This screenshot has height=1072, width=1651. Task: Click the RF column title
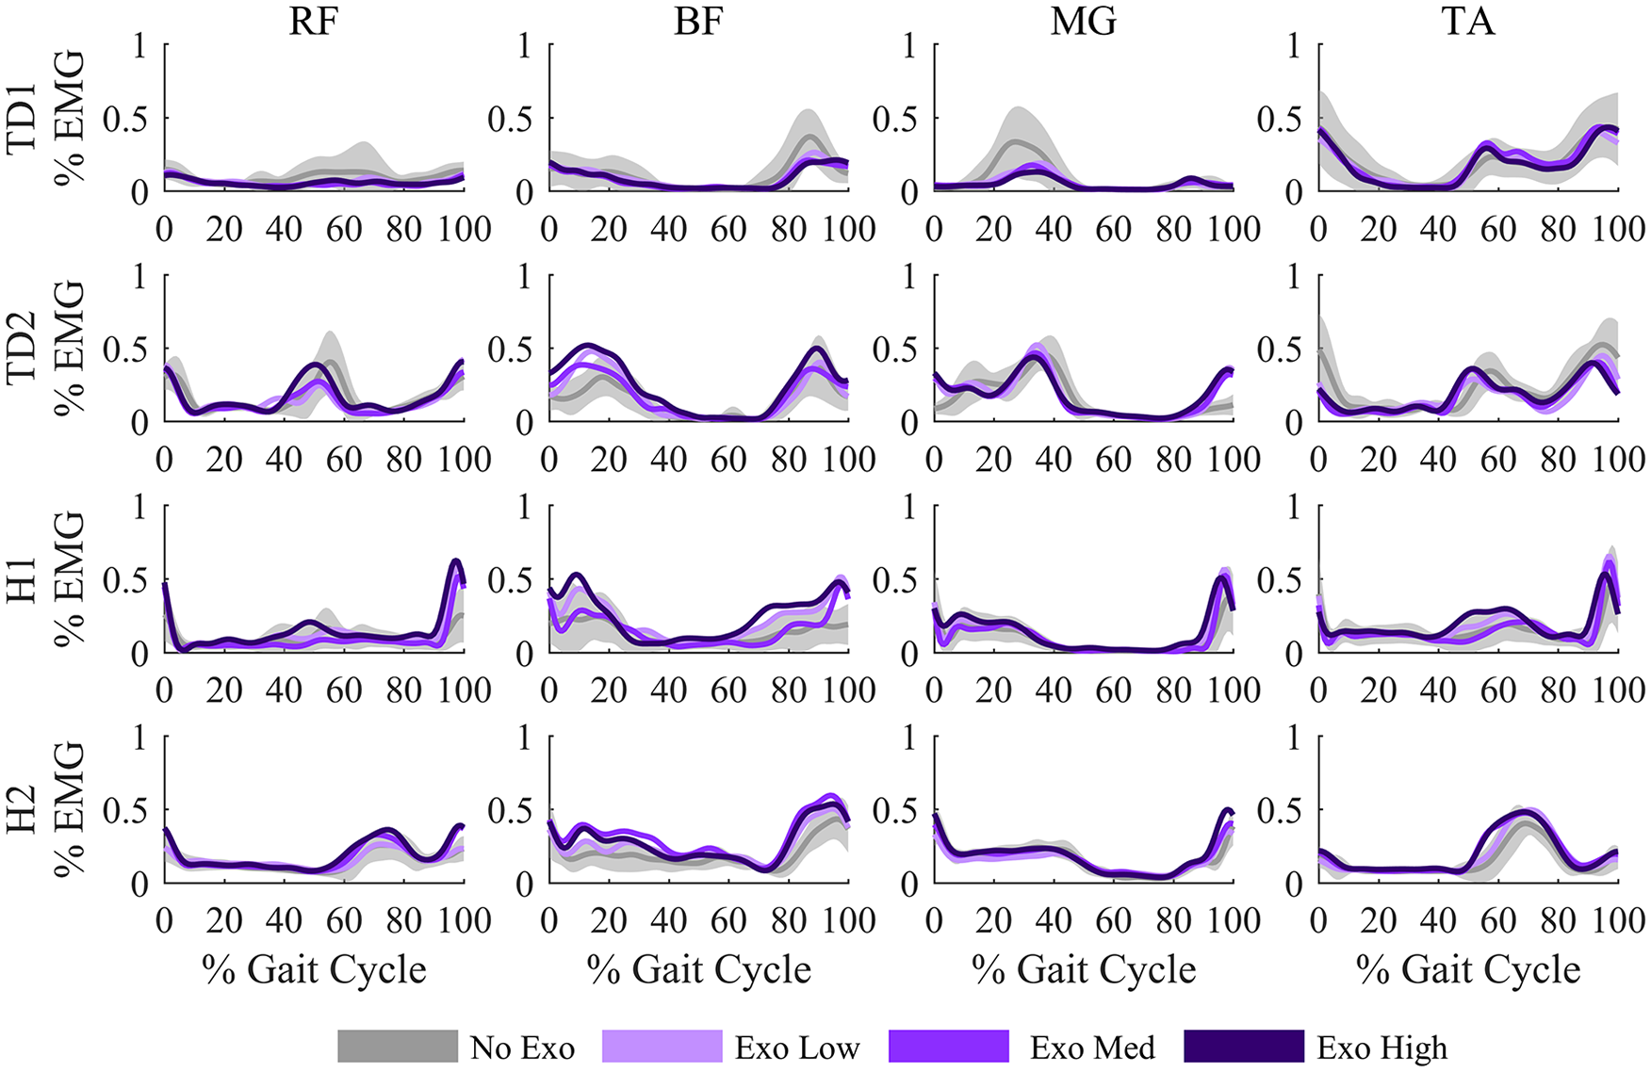[x=313, y=21]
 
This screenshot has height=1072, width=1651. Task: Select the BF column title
[x=698, y=21]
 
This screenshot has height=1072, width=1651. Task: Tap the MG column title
[x=1084, y=21]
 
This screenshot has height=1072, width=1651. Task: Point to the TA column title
[x=1468, y=21]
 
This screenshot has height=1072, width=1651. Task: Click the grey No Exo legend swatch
[x=398, y=1046]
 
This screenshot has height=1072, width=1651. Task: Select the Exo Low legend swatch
[x=662, y=1046]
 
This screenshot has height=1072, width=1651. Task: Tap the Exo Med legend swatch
[x=949, y=1046]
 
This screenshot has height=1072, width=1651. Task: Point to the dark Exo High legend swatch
[x=1243, y=1046]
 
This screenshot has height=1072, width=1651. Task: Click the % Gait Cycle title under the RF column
[x=314, y=969]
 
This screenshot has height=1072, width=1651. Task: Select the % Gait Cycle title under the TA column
[x=1468, y=969]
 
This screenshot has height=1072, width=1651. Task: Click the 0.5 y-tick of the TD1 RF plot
[x=125, y=119]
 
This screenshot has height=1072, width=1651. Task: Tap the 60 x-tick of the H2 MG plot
[x=1114, y=920]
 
